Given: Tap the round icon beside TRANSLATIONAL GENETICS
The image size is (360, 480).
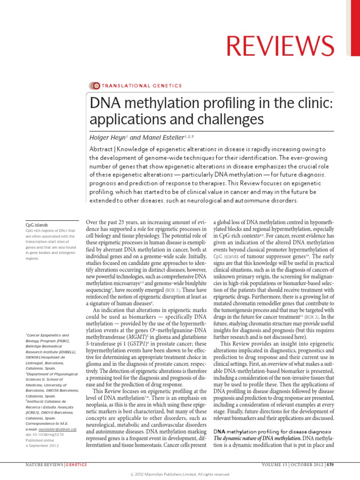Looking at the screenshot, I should (94, 85).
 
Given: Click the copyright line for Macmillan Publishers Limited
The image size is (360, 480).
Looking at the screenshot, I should (180, 475).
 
